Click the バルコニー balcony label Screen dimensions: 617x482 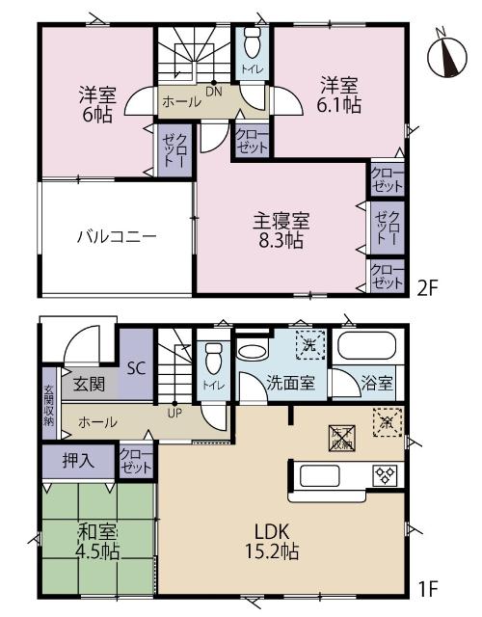tap(117, 236)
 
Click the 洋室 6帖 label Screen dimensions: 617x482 tap(96, 105)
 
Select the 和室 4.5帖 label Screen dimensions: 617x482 tap(95, 542)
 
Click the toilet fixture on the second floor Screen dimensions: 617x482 tap(253, 43)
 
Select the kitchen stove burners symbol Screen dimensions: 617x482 tap(386, 474)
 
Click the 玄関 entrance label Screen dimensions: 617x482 tap(91, 384)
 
